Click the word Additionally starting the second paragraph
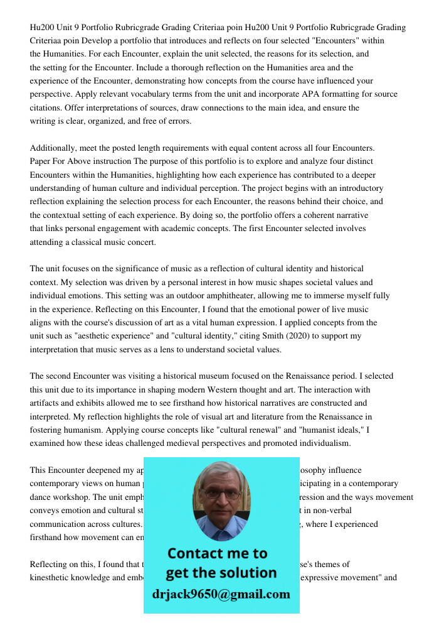[x=54, y=148]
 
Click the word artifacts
[x=46, y=403]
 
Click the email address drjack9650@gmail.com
[x=221, y=594]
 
